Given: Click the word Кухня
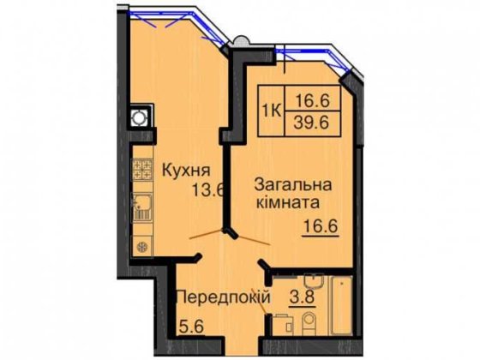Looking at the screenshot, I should pyautogui.click(x=182, y=168).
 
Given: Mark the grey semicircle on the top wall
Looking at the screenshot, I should pyautogui.click(x=242, y=39).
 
